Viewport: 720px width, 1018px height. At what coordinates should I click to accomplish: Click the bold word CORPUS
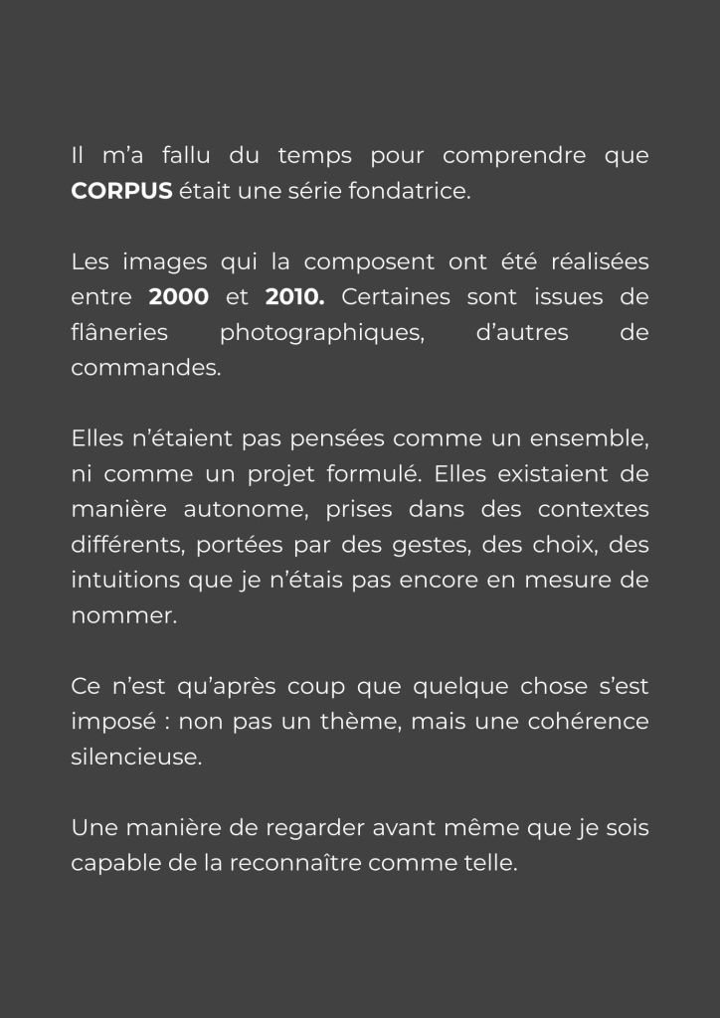point(121,191)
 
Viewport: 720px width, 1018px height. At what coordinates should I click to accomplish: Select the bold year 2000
point(178,297)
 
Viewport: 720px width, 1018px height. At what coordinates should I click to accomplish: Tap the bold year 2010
point(295,297)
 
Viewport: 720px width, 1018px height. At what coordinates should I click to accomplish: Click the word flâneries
point(119,332)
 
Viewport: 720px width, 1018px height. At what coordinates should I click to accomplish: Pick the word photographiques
point(322,332)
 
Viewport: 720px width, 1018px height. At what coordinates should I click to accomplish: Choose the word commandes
point(145,368)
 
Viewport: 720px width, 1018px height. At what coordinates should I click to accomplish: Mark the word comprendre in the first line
point(511,156)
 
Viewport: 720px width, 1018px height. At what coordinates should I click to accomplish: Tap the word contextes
point(593,509)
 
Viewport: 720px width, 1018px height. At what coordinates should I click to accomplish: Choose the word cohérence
point(591,721)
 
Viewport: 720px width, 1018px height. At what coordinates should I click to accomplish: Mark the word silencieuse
point(136,757)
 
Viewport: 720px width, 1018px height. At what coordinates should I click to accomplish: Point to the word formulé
point(378,474)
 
